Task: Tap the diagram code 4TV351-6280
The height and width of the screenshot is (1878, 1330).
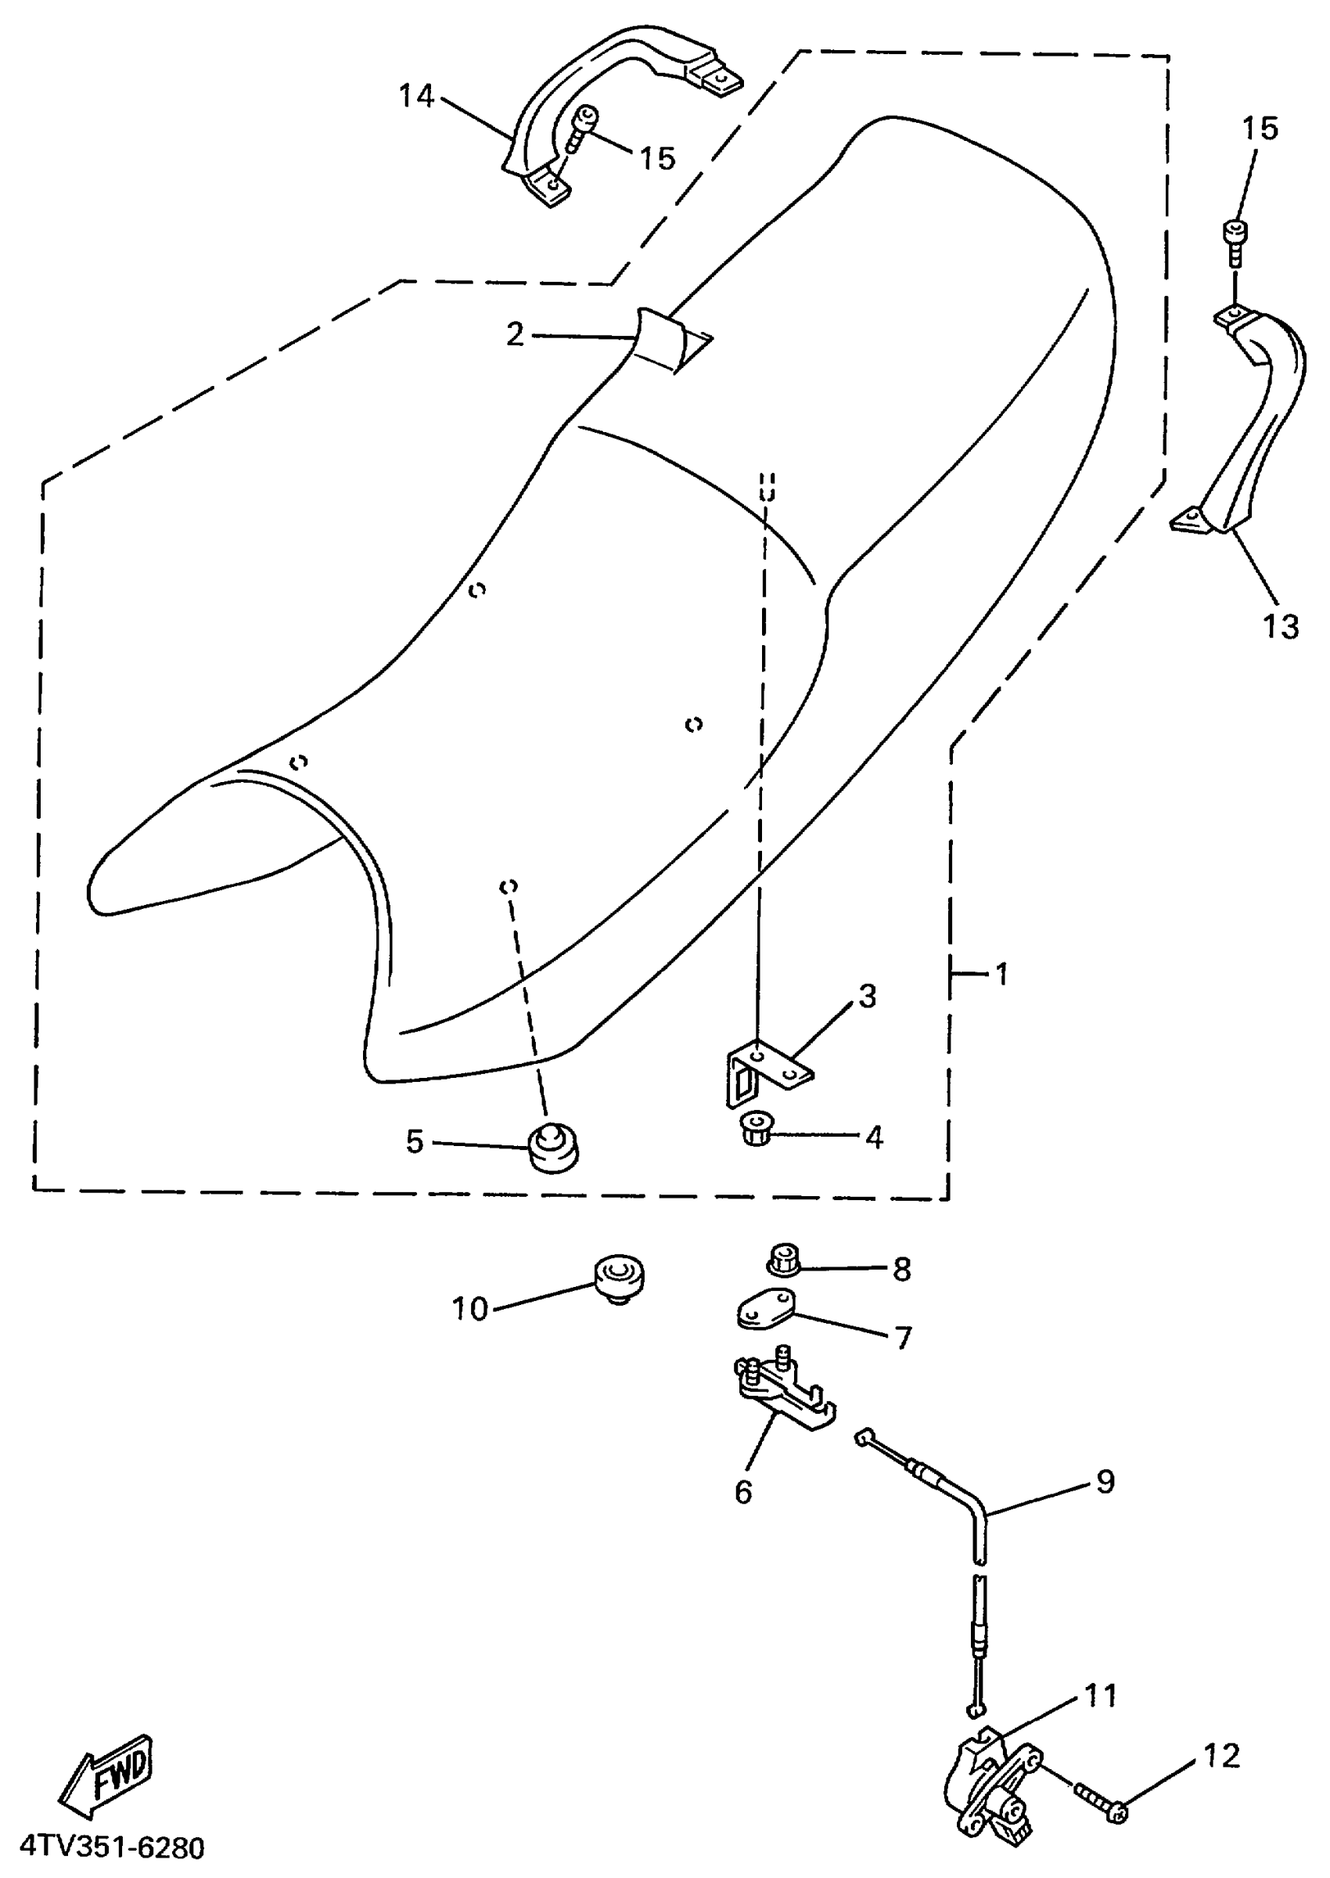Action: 112,1847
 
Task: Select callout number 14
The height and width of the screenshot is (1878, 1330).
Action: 416,97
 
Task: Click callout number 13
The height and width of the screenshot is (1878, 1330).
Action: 1280,627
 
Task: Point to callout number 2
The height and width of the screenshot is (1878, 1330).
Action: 514,334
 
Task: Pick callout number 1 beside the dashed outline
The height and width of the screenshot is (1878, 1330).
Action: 1001,975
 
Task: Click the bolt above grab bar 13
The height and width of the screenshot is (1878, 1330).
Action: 1235,242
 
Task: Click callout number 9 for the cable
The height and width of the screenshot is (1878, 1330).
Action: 1105,1480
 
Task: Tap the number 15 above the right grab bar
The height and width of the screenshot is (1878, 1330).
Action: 1260,128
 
